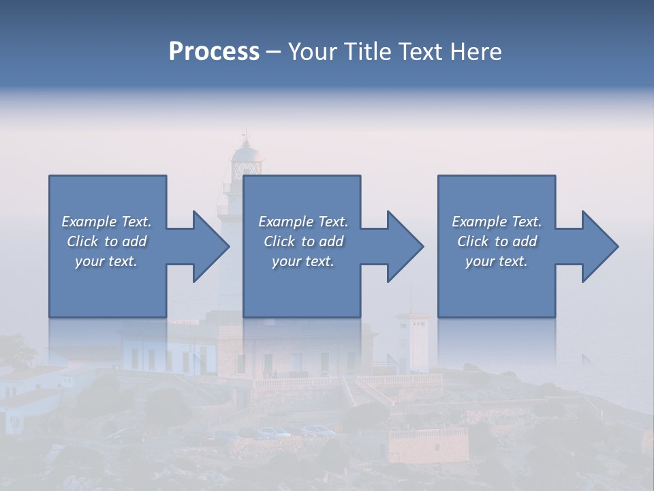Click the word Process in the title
(214, 52)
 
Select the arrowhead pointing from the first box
(211, 246)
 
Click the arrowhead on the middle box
(405, 246)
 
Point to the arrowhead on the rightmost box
(600, 246)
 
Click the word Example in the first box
(89, 222)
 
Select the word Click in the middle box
(279, 241)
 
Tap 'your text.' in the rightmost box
(496, 261)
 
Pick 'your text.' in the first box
(106, 261)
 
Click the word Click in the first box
(82, 241)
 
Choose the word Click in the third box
(472, 241)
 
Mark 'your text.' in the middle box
(302, 261)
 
